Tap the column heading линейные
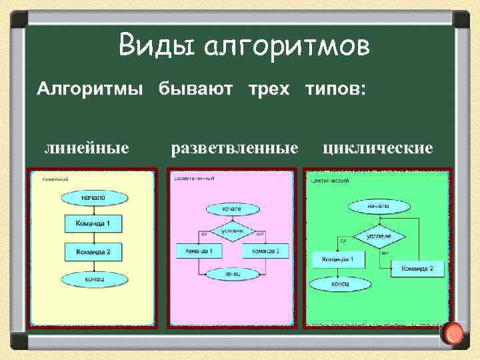(x=87, y=147)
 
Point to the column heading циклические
(x=377, y=147)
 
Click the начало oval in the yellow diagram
(x=93, y=198)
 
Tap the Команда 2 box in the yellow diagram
(x=93, y=253)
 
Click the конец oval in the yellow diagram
(x=93, y=280)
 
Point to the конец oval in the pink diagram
(x=232, y=273)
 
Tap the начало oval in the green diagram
(x=378, y=207)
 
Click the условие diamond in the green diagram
(x=378, y=236)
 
